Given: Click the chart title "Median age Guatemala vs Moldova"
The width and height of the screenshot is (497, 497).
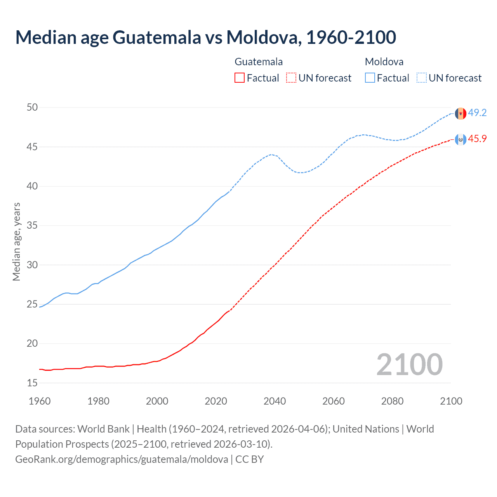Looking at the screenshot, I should [205, 37].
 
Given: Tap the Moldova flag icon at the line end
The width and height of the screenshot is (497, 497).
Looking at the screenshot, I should [461, 113].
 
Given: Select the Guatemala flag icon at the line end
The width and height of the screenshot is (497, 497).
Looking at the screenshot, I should [461, 139].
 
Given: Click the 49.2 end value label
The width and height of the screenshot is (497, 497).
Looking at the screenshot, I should [477, 113].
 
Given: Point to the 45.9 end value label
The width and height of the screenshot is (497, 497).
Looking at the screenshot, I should [477, 139].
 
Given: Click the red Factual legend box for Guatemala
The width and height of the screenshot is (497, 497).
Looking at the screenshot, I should [240, 78].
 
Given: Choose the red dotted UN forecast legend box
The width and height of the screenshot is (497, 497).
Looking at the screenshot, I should [291, 78].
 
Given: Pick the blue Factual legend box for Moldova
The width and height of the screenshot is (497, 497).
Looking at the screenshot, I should [370, 78].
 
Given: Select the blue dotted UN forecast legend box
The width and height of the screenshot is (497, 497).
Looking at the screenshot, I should [421, 78].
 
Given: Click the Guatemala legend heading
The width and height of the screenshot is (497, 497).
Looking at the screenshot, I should [259, 62].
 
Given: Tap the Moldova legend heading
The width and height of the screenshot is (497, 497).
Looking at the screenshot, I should [384, 62].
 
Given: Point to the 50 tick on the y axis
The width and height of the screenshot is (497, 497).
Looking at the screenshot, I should [32, 108].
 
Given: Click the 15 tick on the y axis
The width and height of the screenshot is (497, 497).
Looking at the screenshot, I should [32, 383].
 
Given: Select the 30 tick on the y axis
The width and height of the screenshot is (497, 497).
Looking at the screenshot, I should [32, 265].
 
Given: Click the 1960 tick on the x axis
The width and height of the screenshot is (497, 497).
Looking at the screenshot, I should [40, 401].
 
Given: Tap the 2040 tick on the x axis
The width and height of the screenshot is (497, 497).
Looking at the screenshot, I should [275, 401].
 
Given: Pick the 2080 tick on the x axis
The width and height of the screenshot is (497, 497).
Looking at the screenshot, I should [392, 401].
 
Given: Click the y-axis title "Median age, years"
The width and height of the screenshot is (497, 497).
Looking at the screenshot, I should [16, 242].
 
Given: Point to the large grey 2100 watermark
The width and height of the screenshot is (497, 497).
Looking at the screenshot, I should [409, 365].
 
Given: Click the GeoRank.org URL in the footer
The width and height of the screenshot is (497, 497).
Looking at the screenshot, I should [122, 459].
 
